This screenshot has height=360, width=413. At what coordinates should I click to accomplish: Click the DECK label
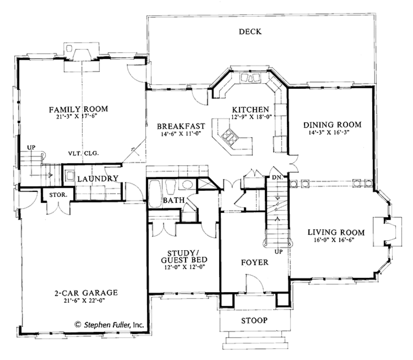pyautogui.click(x=250, y=31)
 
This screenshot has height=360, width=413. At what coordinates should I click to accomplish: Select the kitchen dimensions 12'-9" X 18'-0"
pyautogui.click(x=250, y=117)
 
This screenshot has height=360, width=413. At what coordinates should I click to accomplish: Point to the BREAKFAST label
pyautogui.click(x=181, y=126)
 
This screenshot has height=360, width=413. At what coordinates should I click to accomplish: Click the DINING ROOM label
pyautogui.click(x=332, y=124)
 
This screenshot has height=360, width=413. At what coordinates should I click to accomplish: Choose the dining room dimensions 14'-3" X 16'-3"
pyautogui.click(x=332, y=132)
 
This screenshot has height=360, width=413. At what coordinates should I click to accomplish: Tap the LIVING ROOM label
pyautogui.click(x=336, y=232)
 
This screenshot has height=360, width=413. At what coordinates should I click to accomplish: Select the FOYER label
pyautogui.click(x=254, y=262)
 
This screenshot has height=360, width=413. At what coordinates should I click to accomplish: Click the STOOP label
pyautogui.click(x=254, y=320)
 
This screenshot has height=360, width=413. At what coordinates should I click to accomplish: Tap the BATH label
pyautogui.click(x=174, y=200)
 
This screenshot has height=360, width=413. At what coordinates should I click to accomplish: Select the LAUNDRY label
pyautogui.click(x=98, y=178)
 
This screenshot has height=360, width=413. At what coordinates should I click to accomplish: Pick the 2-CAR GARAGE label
pyautogui.click(x=86, y=293)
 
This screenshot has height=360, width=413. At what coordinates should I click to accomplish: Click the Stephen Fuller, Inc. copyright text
pyautogui.click(x=109, y=324)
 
